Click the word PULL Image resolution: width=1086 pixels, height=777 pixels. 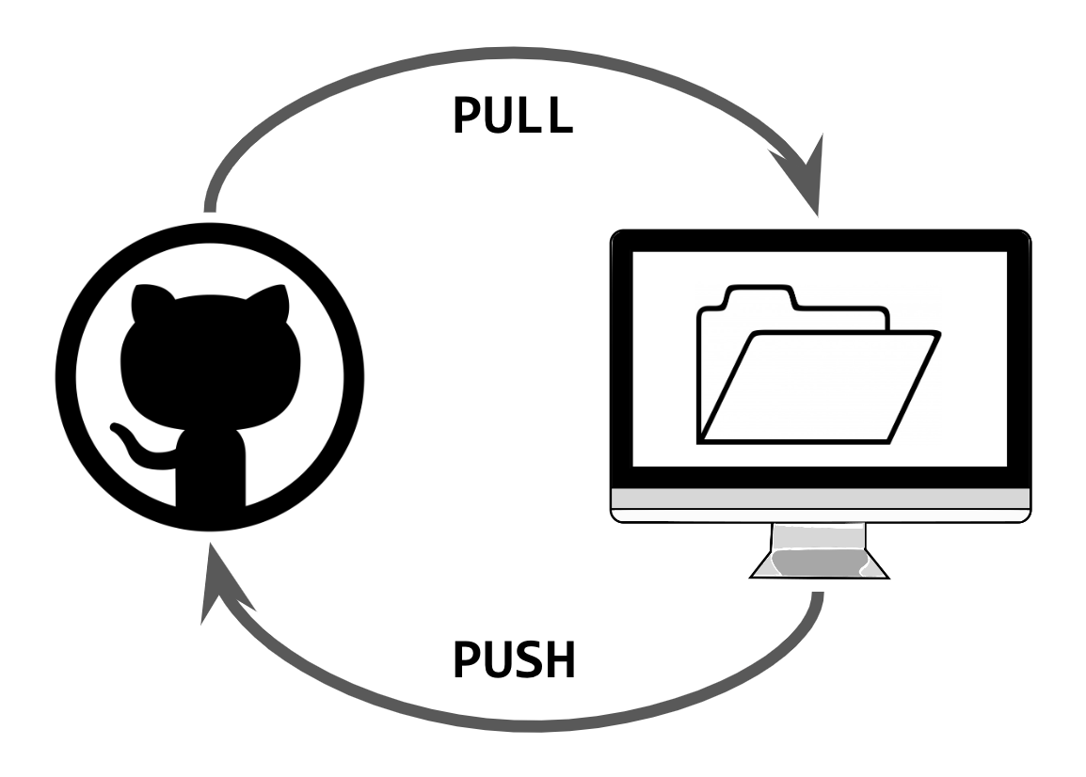(513, 115)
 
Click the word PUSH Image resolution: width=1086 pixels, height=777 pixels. (514, 660)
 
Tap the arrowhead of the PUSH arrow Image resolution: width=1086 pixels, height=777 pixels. (223, 584)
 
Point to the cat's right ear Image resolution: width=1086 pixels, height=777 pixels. (269, 301)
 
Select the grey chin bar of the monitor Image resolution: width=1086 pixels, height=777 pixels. (821, 499)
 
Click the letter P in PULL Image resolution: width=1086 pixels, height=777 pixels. (468, 115)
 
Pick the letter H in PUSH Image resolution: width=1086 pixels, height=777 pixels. (560, 660)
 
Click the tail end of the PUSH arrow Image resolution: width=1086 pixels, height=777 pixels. (818, 596)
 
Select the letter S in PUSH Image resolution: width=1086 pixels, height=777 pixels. (530, 660)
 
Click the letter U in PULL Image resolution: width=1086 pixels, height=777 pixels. (501, 116)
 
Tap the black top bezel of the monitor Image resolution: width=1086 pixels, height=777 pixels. (821, 240)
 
